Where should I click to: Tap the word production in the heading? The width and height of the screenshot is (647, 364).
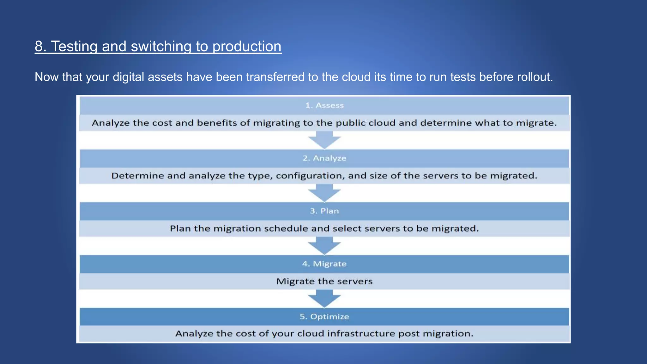pos(247,46)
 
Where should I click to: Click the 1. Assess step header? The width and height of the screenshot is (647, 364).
pos(324,106)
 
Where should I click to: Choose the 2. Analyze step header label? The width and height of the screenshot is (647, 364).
pos(324,158)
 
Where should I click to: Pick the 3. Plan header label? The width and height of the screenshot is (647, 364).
pos(324,211)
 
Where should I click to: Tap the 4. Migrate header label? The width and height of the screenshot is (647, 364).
pos(324,264)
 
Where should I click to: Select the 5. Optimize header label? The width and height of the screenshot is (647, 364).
pos(324,317)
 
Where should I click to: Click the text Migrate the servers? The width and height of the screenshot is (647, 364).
pos(324,281)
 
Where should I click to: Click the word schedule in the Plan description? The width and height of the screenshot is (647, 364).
pos(286,228)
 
